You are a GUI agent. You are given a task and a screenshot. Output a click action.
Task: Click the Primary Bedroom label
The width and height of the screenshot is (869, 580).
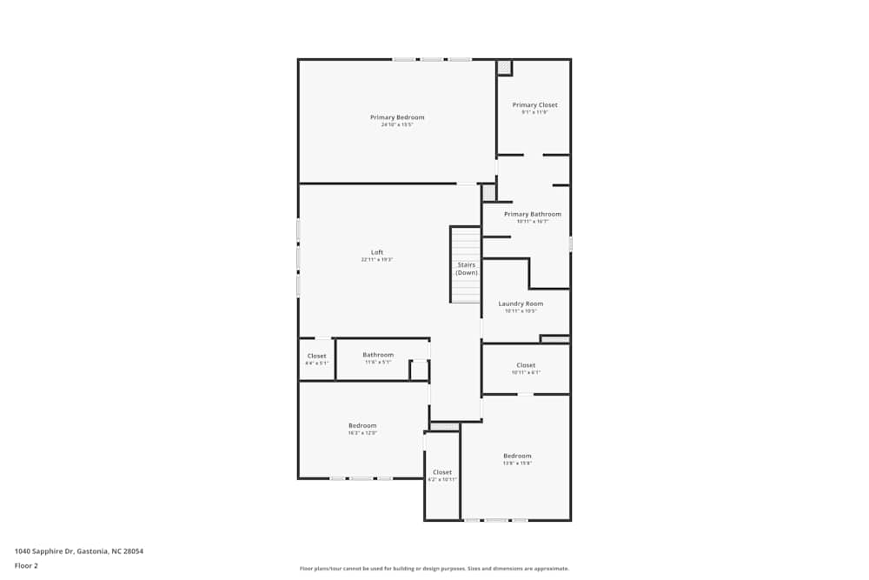(397, 117)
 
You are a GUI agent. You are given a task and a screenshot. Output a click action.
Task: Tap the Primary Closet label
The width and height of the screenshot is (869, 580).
(534, 105)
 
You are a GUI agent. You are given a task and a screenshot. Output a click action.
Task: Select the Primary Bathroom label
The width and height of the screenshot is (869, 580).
(533, 214)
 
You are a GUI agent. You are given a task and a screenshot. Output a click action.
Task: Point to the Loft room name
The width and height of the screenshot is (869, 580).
(377, 252)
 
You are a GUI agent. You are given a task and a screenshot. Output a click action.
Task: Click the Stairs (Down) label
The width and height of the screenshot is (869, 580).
(467, 269)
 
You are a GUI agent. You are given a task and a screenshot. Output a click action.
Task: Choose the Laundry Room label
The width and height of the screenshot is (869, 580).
(521, 303)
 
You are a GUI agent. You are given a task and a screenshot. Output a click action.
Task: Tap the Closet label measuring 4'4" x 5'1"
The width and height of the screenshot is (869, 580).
(317, 356)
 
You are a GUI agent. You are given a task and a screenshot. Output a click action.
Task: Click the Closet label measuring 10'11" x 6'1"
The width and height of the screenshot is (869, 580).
(526, 365)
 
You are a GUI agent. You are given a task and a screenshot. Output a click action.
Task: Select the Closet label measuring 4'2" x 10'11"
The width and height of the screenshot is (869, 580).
(442, 472)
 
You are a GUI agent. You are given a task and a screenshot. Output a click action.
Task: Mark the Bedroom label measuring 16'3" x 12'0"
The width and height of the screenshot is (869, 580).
(362, 425)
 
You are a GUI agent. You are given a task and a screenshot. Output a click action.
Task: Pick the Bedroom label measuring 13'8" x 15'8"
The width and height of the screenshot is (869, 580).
(517, 456)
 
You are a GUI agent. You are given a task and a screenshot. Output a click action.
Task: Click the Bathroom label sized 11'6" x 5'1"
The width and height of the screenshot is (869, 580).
(378, 355)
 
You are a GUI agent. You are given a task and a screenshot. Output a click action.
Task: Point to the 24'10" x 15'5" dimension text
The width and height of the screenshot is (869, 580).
(397, 125)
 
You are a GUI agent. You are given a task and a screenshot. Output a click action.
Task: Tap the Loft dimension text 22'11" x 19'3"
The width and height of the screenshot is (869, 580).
(377, 260)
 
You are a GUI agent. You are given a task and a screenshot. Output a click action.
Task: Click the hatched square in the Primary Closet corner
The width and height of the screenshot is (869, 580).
(504, 67)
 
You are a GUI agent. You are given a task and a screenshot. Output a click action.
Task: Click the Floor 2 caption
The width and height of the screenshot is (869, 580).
(26, 565)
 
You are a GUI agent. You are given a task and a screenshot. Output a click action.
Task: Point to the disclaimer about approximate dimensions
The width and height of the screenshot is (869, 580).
(434, 569)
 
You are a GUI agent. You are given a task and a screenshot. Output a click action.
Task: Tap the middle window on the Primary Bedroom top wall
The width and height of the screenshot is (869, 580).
(432, 59)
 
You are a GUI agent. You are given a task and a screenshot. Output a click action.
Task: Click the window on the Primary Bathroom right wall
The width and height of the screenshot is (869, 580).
(570, 244)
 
